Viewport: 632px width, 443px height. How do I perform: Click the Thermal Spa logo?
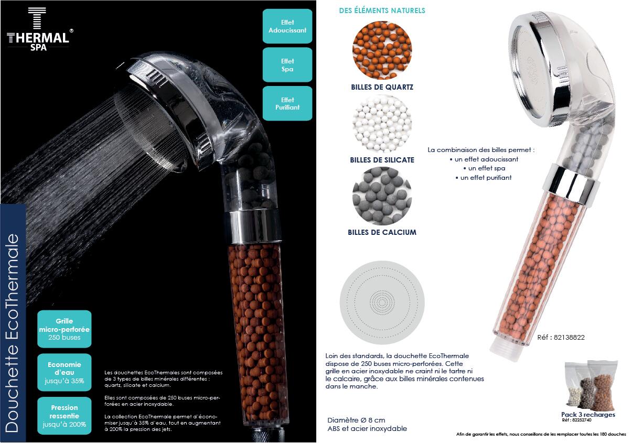pos(39,29)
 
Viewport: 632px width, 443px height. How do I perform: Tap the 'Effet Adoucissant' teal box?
pos(287,26)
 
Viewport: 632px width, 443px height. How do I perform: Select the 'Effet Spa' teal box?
pos(287,65)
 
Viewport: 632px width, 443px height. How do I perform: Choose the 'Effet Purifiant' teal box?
pos(287,103)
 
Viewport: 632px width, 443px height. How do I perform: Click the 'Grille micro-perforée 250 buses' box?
pos(65,329)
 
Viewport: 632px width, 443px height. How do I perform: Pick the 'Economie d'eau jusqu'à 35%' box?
pos(65,373)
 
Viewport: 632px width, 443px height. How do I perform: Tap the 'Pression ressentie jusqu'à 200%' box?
pos(65,416)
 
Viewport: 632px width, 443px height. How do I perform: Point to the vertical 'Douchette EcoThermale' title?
pos(12,333)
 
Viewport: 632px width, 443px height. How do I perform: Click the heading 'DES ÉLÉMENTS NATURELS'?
pos(382,10)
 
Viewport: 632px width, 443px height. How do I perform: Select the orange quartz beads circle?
pos(382,50)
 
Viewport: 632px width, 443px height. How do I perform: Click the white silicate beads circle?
pos(382,124)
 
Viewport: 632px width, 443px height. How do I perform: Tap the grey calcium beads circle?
pos(382,196)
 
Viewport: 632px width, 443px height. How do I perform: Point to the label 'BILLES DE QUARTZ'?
pos(382,87)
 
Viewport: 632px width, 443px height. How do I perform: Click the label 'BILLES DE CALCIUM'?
pos(382,232)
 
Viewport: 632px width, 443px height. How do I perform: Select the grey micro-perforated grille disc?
pos(382,302)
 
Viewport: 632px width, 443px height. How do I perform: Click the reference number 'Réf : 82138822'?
pos(561,337)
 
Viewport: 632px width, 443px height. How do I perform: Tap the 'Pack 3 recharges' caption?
pos(588,415)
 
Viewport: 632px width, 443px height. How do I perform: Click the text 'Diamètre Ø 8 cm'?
pos(356,420)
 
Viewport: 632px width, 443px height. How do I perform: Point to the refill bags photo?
pos(591,385)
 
